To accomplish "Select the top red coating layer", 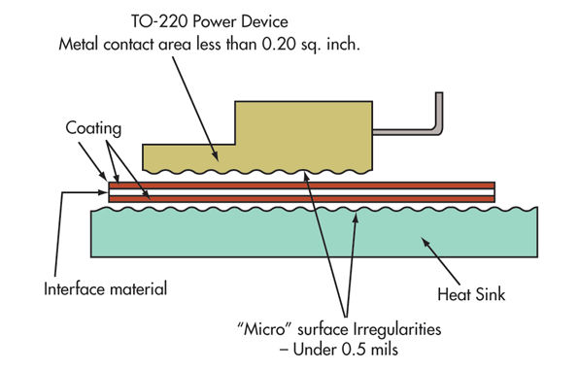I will point(301,185).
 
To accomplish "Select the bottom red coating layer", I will point(301,200).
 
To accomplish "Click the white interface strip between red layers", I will point(301,192).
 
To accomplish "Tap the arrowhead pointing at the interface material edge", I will point(105,192).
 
